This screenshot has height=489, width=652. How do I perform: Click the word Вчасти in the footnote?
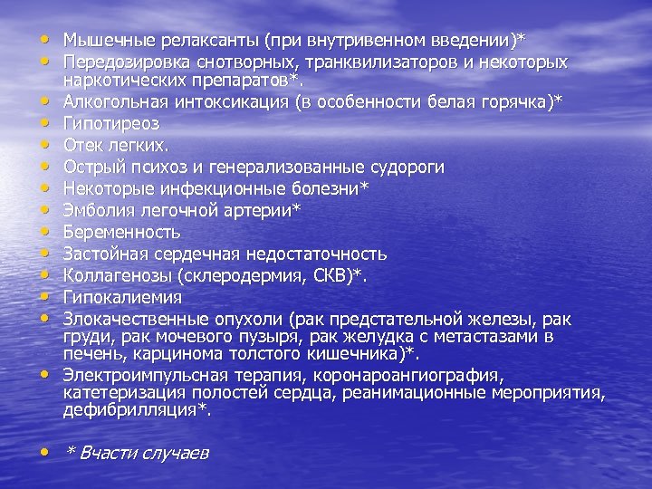pos(107,453)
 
